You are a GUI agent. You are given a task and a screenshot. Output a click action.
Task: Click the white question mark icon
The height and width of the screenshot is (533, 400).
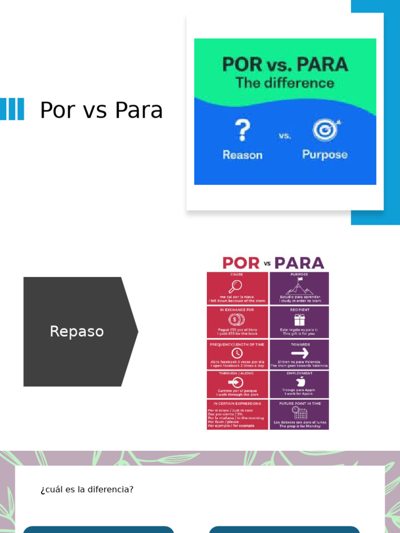click(x=242, y=131)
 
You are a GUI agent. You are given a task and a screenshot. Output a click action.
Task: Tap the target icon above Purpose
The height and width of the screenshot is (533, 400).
click(x=326, y=130)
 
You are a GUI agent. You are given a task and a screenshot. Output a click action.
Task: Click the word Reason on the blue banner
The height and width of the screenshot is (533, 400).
click(x=242, y=155)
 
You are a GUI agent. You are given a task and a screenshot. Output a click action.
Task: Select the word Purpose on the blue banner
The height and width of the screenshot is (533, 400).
click(x=324, y=155)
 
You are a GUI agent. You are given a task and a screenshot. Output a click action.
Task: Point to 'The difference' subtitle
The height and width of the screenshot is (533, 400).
click(x=284, y=83)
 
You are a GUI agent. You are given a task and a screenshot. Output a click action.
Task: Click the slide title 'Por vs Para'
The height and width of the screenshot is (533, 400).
click(x=101, y=110)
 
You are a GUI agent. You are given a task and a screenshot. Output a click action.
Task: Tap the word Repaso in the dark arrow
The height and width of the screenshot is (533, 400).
click(x=77, y=331)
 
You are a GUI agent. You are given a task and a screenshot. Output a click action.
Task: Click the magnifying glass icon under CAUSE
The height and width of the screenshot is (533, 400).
click(x=235, y=286)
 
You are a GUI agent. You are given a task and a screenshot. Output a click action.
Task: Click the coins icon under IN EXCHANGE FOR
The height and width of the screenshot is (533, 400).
click(x=236, y=320)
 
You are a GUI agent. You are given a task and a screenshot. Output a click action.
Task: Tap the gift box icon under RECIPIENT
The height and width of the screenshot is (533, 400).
click(x=299, y=320)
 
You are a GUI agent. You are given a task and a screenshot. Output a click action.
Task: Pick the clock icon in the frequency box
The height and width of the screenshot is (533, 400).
click(x=237, y=353)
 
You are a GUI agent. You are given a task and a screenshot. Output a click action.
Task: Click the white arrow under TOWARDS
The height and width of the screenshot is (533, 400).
click(x=299, y=353)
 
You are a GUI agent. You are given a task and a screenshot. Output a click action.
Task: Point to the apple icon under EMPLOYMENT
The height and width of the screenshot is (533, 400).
click(x=299, y=382)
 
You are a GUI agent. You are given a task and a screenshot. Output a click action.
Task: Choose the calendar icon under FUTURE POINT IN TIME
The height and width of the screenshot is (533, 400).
click(x=299, y=413)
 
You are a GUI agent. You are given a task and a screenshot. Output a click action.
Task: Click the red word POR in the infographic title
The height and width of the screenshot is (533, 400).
click(x=241, y=263)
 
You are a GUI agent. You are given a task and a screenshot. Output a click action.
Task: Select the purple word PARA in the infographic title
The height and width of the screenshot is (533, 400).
click(x=299, y=263)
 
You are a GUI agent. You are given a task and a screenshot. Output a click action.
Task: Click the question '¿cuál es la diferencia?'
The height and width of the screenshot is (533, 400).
click(x=87, y=489)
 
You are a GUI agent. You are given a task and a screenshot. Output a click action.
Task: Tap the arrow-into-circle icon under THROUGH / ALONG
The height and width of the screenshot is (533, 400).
click(x=236, y=383)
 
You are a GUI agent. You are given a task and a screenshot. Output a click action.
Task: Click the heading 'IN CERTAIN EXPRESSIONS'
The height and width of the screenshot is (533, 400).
click(x=237, y=403)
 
